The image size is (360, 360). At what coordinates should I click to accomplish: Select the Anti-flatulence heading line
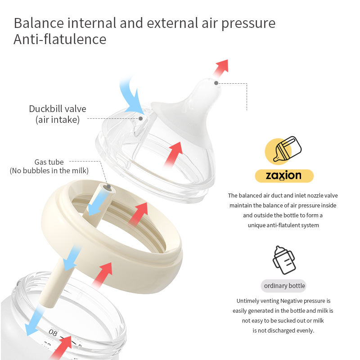[x=60, y=39]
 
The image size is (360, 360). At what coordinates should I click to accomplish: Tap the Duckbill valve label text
[x=58, y=109]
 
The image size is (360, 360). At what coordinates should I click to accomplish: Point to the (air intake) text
[x=58, y=120]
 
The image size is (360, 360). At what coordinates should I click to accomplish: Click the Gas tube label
[x=49, y=162]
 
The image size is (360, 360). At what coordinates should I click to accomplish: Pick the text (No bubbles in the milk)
[x=49, y=171]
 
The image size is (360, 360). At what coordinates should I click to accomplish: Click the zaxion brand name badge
[x=283, y=175]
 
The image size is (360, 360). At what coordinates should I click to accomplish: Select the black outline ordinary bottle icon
[x=283, y=260]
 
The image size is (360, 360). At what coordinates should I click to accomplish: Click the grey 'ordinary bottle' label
[x=284, y=286]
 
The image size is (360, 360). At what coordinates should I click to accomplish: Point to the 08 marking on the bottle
[x=53, y=333]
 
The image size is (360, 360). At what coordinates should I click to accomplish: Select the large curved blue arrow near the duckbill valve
[x=132, y=96]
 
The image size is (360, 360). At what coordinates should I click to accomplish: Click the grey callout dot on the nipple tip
[x=216, y=83]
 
